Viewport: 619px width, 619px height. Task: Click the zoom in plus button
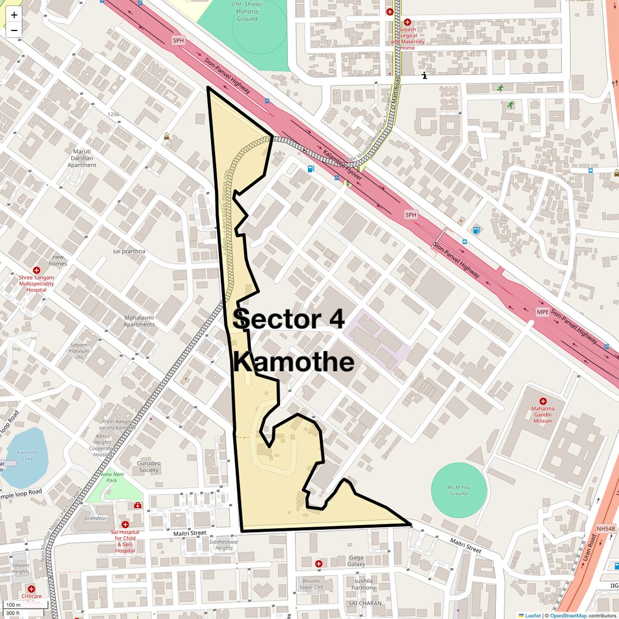[x=14, y=15]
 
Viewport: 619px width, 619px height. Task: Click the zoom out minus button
[x=14, y=30]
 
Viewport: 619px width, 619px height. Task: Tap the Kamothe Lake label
[x=27, y=456]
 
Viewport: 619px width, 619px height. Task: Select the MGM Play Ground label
[x=459, y=490]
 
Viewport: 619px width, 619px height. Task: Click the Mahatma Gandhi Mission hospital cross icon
[x=542, y=401]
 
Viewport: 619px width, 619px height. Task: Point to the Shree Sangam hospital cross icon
[x=36, y=270]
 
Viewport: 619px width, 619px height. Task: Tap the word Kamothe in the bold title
[x=294, y=362]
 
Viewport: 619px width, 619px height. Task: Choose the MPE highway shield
[x=542, y=312]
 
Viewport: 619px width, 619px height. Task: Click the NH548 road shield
[x=605, y=529]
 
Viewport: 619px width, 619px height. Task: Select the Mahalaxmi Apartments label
[x=139, y=321]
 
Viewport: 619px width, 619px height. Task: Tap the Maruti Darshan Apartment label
[x=82, y=158]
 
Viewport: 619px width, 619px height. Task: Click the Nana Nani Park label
[x=108, y=477]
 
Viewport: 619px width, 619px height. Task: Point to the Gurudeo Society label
[x=149, y=467]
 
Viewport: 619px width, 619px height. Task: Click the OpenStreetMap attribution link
[x=568, y=615]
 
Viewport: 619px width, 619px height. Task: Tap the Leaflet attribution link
[x=532, y=615]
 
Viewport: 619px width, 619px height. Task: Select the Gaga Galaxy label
[x=356, y=561]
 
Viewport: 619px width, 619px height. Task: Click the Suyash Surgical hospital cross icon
[x=407, y=22]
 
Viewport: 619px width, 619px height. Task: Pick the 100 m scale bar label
[x=13, y=605]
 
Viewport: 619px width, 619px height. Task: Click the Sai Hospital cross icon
[x=125, y=525]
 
